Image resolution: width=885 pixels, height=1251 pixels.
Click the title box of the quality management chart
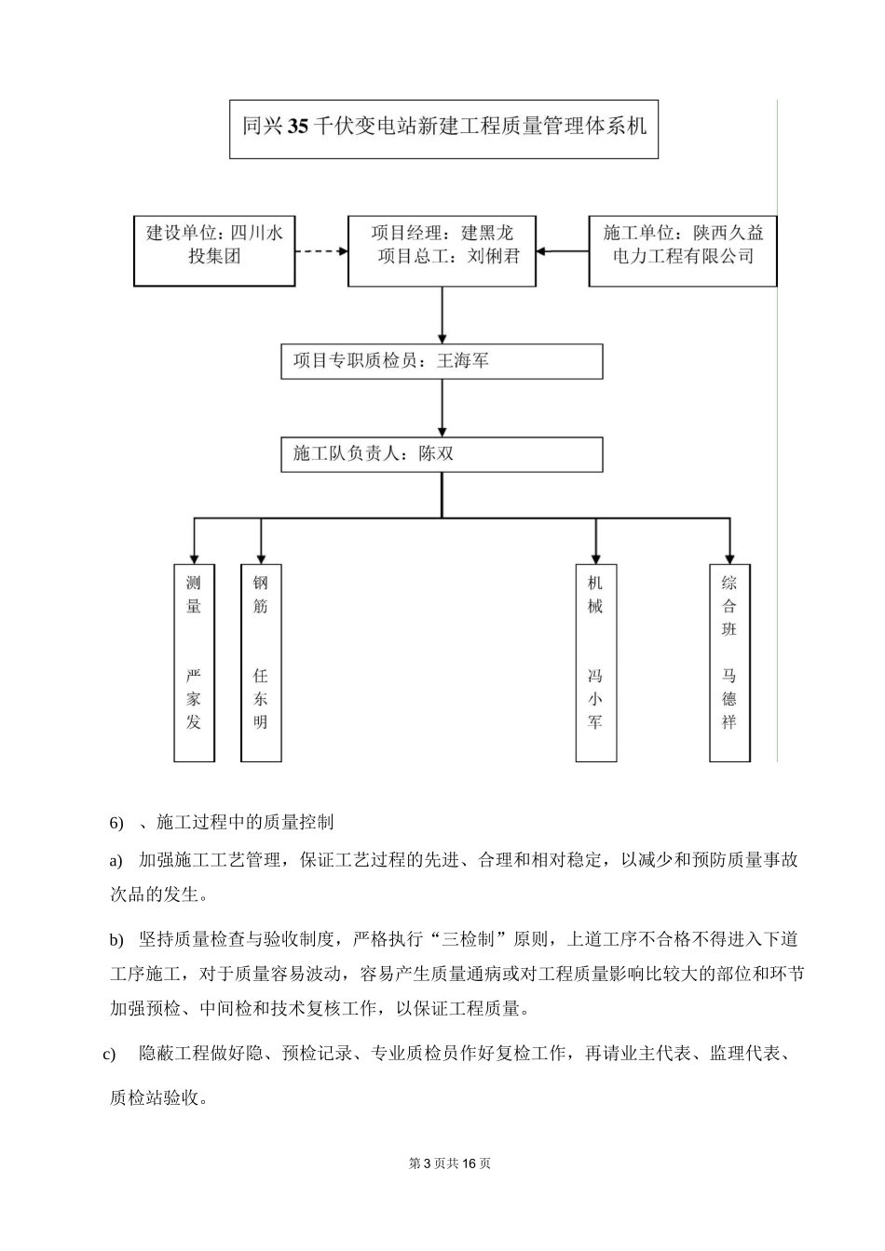443,128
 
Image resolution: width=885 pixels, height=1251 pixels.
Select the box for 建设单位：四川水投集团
214,250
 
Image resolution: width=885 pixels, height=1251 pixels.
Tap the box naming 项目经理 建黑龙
442,250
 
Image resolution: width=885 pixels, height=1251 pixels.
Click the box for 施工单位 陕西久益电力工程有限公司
682,250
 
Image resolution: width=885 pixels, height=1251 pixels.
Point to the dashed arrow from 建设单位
320,251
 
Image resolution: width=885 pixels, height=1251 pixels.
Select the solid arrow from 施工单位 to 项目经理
563,251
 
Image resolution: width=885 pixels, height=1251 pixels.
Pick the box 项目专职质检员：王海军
442,361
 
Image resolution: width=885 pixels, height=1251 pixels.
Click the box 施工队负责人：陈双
442,454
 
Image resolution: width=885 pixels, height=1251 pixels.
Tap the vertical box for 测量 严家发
194,662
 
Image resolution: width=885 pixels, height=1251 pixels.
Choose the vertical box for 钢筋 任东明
260,662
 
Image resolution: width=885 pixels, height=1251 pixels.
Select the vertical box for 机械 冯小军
595,662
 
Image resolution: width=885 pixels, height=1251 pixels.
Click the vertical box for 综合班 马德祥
729,662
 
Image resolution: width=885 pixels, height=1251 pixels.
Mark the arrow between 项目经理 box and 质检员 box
442,316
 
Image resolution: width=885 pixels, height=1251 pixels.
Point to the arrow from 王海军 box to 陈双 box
442,408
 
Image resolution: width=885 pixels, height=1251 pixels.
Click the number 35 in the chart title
297,127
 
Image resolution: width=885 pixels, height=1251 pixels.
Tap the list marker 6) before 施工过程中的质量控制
116,823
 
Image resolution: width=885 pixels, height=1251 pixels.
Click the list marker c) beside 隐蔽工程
109,1054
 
